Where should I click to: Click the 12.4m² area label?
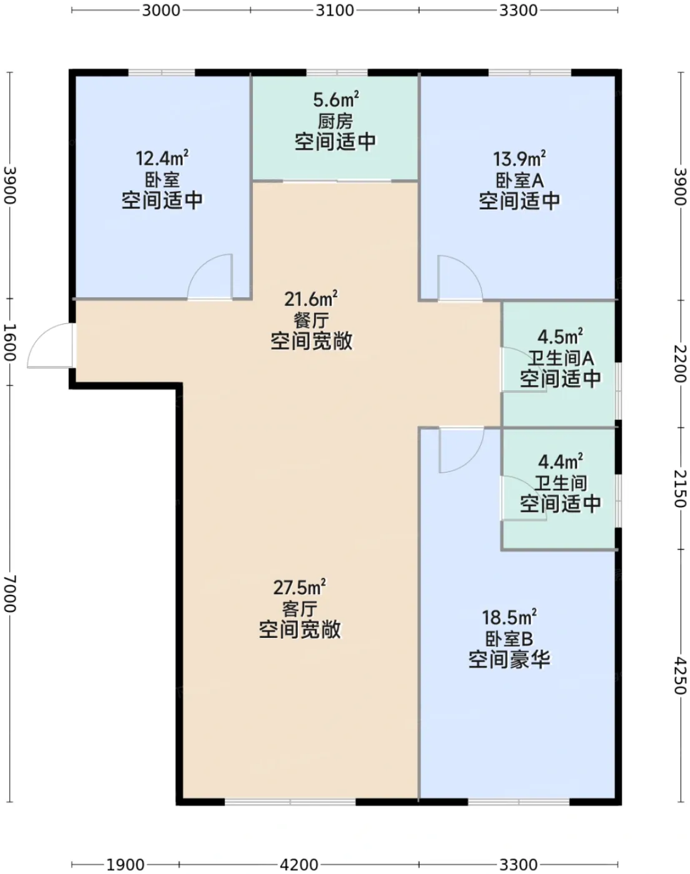162,158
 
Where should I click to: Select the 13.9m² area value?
519,159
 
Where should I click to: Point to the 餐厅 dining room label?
311,320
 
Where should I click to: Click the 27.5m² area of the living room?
300,587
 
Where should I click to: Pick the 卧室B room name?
509,639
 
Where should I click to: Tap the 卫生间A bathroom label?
560,358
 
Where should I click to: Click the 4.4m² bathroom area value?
560,461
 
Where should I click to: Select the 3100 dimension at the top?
335,10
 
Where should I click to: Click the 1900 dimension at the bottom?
125,865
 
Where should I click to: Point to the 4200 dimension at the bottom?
298,865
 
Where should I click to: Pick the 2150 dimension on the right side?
680,489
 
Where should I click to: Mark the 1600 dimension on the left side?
10,342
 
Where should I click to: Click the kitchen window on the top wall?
337,72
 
